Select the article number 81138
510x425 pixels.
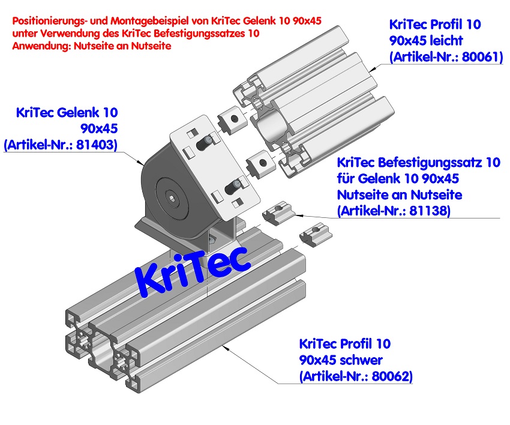coord(425,211)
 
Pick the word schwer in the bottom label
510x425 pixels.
coord(361,360)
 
